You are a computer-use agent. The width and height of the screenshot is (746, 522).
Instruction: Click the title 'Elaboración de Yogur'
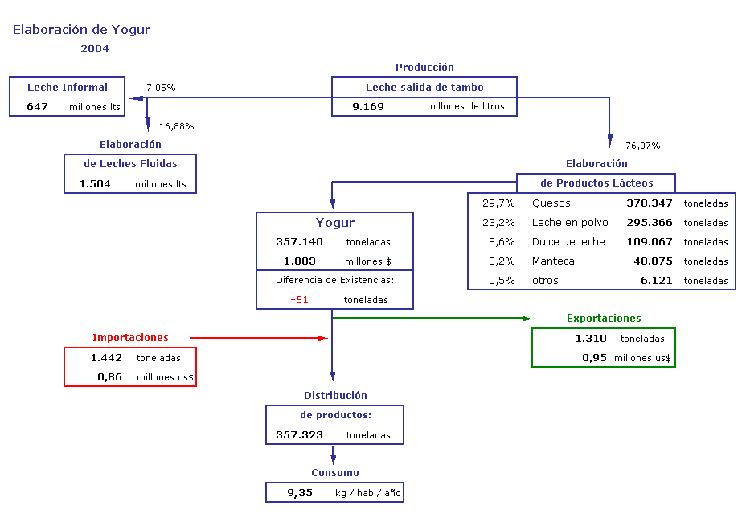(x=81, y=30)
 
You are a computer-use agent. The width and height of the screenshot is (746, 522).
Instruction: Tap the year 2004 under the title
(x=95, y=48)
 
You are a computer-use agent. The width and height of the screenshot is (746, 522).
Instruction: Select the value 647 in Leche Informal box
(x=37, y=107)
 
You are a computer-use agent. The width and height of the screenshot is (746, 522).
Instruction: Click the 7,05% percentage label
(x=161, y=88)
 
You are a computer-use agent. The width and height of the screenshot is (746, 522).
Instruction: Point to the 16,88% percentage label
(x=177, y=126)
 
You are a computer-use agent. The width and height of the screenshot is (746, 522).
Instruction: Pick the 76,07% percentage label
(x=643, y=146)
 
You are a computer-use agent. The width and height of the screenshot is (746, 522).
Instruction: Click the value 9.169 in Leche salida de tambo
(x=367, y=107)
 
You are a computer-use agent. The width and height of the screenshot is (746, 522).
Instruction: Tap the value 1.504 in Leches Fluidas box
(x=95, y=184)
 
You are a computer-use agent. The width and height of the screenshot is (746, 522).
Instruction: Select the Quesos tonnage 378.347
(x=650, y=203)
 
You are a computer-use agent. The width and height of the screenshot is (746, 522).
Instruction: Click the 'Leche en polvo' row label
(x=570, y=223)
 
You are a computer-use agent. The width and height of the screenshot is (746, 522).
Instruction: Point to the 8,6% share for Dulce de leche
(x=502, y=242)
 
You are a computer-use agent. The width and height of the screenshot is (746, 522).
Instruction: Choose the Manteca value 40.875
(x=653, y=261)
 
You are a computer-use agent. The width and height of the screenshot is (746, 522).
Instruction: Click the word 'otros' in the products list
(x=545, y=281)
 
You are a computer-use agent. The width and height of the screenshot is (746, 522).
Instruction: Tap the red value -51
(x=299, y=300)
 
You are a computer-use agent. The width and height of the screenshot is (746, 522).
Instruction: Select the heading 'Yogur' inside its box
(x=335, y=223)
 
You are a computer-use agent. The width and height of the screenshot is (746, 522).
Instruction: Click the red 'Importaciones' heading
(x=130, y=338)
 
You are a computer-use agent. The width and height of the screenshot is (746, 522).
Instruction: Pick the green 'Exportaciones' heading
(x=604, y=319)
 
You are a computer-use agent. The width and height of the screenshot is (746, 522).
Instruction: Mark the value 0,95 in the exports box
(x=594, y=358)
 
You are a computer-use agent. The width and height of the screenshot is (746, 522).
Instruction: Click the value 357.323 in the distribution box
(x=299, y=435)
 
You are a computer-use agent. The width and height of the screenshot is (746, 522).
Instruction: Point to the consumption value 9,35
(x=300, y=493)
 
